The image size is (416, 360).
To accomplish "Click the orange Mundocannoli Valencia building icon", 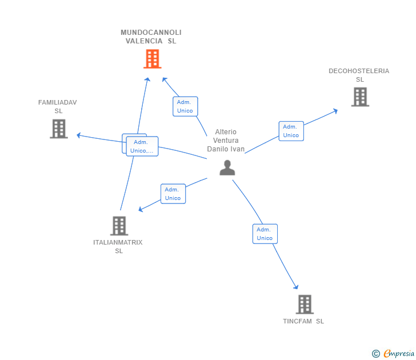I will [x=152, y=59].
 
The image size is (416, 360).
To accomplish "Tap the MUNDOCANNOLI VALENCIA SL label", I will [x=151, y=37].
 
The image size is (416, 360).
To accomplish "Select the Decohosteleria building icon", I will [x=360, y=97].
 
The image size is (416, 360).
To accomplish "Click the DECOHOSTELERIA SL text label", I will [x=359, y=75].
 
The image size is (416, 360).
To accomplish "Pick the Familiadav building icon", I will [x=59, y=129].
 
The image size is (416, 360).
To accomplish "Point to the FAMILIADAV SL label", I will [x=58, y=106].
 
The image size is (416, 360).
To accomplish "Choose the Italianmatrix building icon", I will [x=119, y=226].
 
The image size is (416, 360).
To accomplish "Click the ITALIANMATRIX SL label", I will [x=118, y=246].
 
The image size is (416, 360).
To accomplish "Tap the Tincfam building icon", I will [x=305, y=304].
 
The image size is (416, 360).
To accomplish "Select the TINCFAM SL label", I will [x=303, y=321].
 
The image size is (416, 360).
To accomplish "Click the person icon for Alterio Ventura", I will [x=227, y=167].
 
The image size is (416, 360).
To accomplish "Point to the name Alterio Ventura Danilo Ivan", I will [x=226, y=141].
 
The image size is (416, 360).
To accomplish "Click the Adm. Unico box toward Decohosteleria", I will [x=291, y=131].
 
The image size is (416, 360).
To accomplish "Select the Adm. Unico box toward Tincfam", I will [x=265, y=234].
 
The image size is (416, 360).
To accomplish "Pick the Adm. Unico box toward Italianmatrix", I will [x=173, y=194].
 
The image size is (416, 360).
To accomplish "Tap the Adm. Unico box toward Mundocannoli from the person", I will [x=185, y=106].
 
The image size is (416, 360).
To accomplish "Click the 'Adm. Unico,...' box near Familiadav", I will [x=142, y=146].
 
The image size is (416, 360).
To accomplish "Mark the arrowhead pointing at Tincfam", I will [x=296, y=287].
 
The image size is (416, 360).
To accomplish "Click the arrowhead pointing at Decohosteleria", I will [x=335, y=110].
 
